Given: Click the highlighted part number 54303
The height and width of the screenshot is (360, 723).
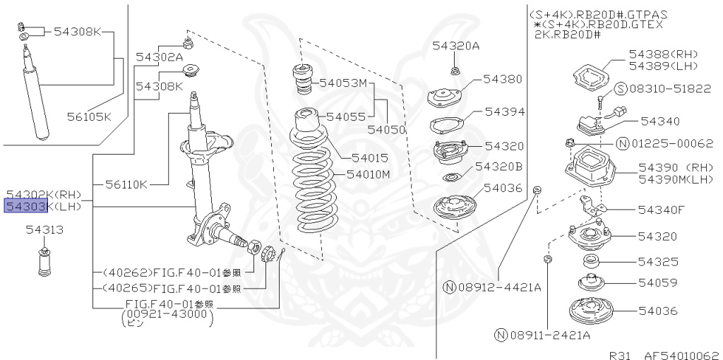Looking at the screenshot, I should (25, 206).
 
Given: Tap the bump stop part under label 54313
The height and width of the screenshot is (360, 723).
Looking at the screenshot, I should (45, 263).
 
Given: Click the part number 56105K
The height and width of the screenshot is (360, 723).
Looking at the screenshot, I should (89, 116).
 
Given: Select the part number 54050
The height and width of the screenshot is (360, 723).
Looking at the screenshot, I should (387, 130).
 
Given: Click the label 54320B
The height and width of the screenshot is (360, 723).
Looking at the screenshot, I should (498, 167).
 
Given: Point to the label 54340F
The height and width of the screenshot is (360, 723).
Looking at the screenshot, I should (661, 209).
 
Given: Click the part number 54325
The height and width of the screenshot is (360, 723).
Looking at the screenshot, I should (657, 261).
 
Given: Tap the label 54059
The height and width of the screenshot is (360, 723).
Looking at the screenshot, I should (657, 282).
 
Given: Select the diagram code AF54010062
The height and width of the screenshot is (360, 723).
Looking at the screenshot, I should (682, 355).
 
